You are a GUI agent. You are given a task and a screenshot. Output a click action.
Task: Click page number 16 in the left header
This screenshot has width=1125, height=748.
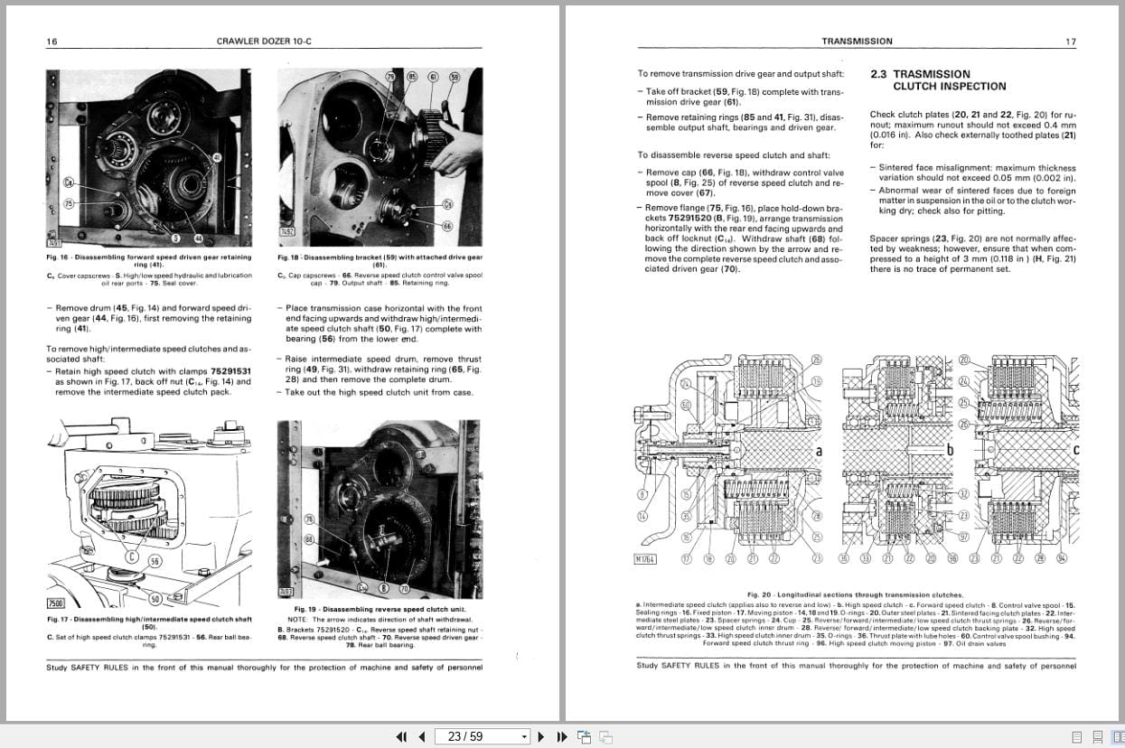click(x=52, y=42)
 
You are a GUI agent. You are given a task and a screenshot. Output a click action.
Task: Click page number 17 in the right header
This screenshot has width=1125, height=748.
click(x=1071, y=42)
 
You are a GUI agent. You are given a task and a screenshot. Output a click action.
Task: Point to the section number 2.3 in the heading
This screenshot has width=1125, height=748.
click(x=878, y=75)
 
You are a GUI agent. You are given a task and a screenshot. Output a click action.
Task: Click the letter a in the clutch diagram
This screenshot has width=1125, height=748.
click(x=819, y=451)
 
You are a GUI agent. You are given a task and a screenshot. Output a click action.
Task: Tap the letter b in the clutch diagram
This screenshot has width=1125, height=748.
click(x=950, y=449)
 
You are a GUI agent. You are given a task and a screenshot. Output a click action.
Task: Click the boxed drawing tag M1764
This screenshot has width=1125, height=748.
click(x=645, y=559)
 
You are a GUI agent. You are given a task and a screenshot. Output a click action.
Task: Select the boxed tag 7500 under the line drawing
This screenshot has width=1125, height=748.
click(x=56, y=603)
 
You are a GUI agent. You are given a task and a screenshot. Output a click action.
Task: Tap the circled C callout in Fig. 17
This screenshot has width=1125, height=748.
click(x=132, y=556)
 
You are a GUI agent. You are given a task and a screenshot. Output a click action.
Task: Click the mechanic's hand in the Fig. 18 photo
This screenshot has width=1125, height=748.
click(x=456, y=154)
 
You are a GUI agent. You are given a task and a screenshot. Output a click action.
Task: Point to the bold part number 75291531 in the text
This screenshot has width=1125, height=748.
click(x=230, y=370)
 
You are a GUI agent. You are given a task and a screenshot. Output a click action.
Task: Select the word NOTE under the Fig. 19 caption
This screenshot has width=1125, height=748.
click(x=300, y=620)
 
